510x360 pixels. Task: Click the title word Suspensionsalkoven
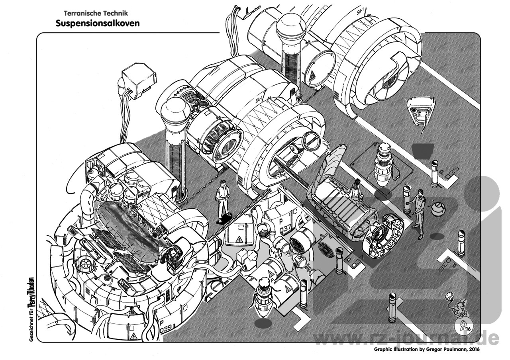point(98,23)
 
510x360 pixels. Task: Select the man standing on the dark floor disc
point(223,199)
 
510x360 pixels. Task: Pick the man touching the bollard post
point(418,213)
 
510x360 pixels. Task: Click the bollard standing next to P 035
point(434,173)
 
